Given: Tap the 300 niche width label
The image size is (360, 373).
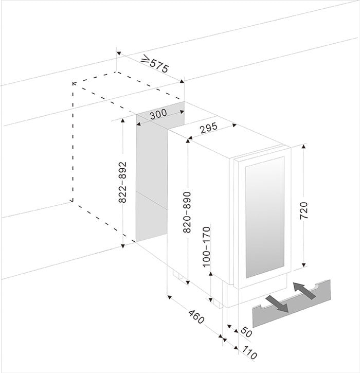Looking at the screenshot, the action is pos(158,114).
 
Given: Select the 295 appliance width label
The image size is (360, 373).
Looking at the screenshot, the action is pos(209,128).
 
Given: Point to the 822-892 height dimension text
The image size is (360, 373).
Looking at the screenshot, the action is pos(122,182).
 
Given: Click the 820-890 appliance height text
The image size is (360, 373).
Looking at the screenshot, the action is pos(187,212).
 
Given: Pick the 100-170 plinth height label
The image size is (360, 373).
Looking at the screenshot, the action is pos(207,247).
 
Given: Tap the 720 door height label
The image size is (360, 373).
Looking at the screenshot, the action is pos(303,210).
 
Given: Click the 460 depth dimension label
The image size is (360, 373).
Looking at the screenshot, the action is pos(196,317).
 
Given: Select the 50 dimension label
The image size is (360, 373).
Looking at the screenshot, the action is pos(246,332).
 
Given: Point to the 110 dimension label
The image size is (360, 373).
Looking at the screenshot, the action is pos(249,352).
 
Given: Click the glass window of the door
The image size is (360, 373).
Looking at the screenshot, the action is pos(265,217).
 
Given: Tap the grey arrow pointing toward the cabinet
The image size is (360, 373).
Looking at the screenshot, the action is pos(304,291).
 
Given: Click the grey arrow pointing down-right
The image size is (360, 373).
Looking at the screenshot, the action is pos(277,304).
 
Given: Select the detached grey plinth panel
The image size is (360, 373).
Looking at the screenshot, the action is pos(292,304).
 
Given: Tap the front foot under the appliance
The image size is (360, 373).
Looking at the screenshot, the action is pos(218,304).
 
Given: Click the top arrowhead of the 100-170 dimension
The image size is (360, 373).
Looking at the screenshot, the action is pos(211,274).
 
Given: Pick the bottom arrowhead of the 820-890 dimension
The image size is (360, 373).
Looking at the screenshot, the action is pos(188,282).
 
